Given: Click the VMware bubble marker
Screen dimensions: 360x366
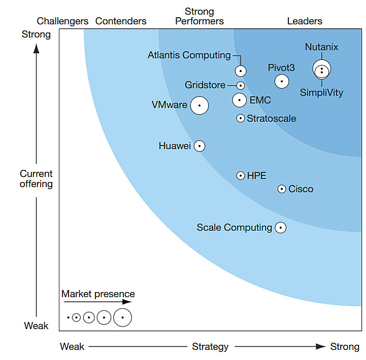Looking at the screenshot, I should (199, 105).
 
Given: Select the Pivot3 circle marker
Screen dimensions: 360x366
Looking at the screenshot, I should (282, 81).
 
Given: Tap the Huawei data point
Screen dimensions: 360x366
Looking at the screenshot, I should (199, 146).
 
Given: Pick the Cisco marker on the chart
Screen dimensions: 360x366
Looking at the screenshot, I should (282, 189).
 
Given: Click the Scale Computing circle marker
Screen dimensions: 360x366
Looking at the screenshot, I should (280, 228).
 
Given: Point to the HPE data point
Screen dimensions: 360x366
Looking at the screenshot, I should (241, 176).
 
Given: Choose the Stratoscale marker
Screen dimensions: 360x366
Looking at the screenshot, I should (241, 119).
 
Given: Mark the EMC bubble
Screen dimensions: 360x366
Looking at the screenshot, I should (240, 100).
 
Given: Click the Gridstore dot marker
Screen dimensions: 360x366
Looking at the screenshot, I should (241, 86).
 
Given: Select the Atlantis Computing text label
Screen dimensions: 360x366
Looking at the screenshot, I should (189, 55).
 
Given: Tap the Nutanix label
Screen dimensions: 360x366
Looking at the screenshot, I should (321, 48).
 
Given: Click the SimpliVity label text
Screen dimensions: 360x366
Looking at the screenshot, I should (321, 93).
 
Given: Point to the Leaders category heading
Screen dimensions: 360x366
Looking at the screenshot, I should (305, 21).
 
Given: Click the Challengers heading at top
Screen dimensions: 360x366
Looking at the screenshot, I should (63, 21).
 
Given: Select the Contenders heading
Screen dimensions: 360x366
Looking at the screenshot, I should (121, 21).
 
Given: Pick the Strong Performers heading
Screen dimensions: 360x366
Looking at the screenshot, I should (199, 16).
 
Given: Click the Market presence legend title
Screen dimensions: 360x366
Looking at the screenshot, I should (98, 294).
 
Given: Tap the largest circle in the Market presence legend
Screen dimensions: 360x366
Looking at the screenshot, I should (122, 318).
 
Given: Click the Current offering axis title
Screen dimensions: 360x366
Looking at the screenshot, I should (36, 179).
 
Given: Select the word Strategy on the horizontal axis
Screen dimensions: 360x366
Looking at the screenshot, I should (210, 347).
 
